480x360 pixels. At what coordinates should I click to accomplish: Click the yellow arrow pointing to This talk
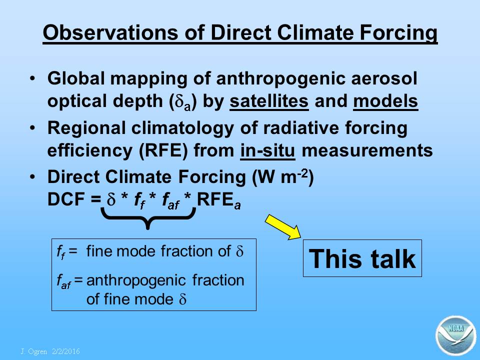[x=283, y=227]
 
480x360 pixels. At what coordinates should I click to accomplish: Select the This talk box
[x=362, y=258]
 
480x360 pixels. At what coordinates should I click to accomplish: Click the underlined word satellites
[x=269, y=101]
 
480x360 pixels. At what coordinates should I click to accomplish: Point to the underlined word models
[x=385, y=101]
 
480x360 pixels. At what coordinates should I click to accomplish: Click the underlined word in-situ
[x=268, y=150]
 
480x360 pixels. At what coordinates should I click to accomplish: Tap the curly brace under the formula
[x=148, y=217]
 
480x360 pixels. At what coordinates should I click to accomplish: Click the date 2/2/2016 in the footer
[x=66, y=351]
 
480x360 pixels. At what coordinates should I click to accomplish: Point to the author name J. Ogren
[x=33, y=351]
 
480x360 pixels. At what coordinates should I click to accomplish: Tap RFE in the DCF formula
[x=215, y=199]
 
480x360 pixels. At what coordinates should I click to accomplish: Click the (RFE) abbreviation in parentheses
[x=163, y=150]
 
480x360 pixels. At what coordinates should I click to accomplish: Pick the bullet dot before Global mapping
[x=32, y=78]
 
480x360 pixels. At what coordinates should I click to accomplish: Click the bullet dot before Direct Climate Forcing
[x=32, y=177]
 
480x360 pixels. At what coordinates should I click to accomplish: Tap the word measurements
[x=367, y=150]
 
